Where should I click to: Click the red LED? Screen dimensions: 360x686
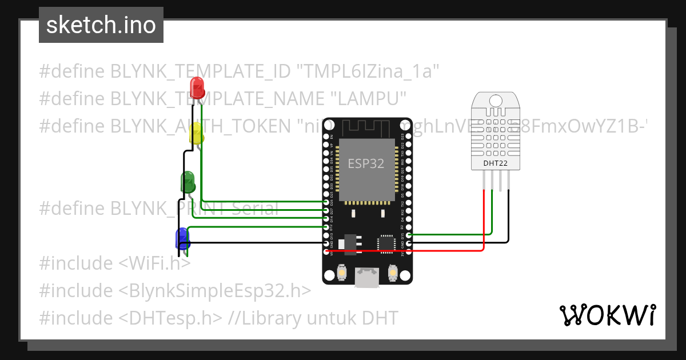click(x=197, y=87)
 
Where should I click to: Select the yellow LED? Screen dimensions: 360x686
click(x=196, y=134)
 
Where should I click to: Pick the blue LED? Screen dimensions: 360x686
click(x=182, y=237)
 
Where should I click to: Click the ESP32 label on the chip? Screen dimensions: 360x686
click(x=366, y=163)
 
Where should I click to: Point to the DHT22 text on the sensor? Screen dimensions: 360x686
click(x=495, y=163)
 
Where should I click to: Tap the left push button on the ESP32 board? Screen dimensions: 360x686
click(x=341, y=273)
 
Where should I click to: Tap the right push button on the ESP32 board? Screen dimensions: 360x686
click(x=392, y=273)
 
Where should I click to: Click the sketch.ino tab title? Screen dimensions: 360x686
click(x=101, y=25)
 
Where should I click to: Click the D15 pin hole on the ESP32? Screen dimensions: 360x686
click(x=407, y=234)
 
